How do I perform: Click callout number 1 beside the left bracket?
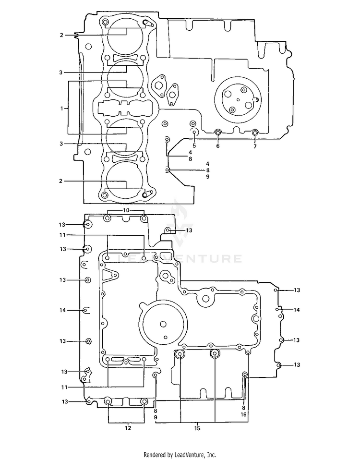62,109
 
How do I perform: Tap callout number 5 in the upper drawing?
194,145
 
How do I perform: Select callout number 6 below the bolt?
218,145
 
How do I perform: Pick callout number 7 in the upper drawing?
255,146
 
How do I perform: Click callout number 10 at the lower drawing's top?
126,210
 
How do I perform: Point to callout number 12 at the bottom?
128,428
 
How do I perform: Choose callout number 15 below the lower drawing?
197,428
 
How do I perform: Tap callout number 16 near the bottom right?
244,414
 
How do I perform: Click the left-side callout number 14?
63,310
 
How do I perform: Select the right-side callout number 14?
297,310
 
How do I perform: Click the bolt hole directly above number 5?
194,133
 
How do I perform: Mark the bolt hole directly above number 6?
218,133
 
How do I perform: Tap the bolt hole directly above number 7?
255,133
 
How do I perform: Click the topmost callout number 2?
61,35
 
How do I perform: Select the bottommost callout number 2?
61,181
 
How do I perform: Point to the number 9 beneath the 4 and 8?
207,177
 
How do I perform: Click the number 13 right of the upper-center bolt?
189,230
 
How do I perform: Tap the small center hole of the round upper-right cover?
239,100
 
